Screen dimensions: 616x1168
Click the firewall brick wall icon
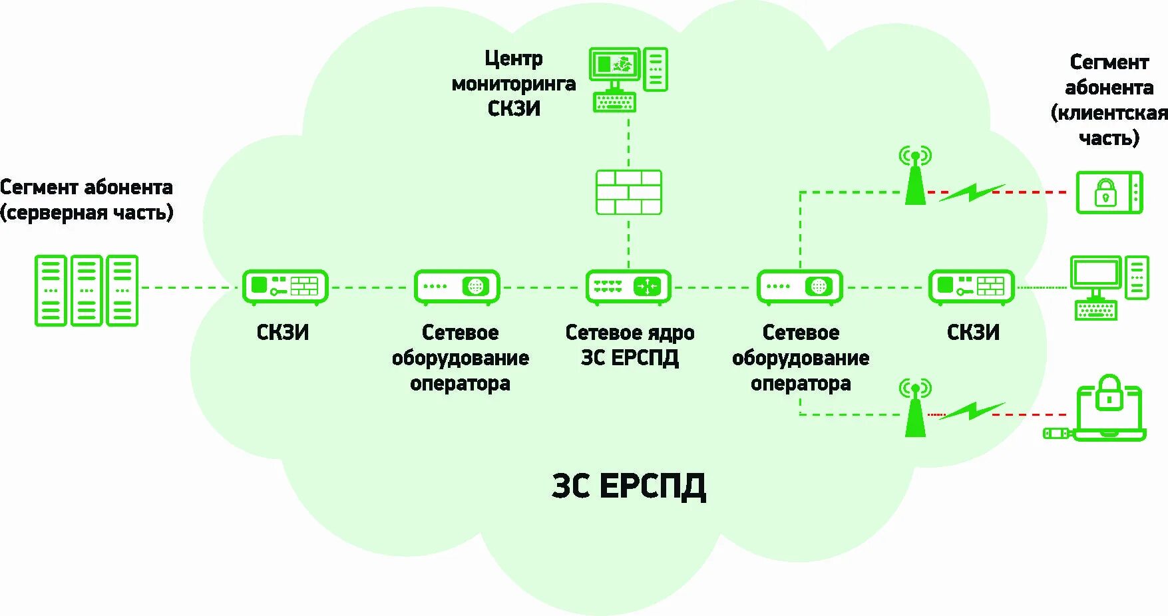(628, 192)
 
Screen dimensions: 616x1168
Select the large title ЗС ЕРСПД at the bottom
(628, 486)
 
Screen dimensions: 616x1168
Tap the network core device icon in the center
(628, 287)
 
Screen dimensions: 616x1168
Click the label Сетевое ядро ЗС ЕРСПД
(630, 345)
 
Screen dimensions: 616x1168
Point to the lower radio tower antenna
(915, 408)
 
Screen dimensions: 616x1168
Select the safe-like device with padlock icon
(1109, 192)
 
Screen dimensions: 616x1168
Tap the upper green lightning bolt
(972, 192)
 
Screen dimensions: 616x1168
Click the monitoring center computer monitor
(614, 65)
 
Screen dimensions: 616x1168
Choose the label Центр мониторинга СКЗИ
(514, 84)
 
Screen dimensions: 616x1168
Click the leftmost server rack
(51, 291)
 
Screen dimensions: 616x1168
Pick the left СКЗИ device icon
(285, 287)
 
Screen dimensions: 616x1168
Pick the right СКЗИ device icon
(972, 287)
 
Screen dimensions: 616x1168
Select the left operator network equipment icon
(457, 287)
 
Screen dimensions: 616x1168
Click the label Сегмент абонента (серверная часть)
(87, 200)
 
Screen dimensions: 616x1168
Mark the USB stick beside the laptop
(1056, 434)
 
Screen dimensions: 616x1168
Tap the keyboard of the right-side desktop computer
(1095, 310)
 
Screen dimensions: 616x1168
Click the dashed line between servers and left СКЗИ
(190, 288)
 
